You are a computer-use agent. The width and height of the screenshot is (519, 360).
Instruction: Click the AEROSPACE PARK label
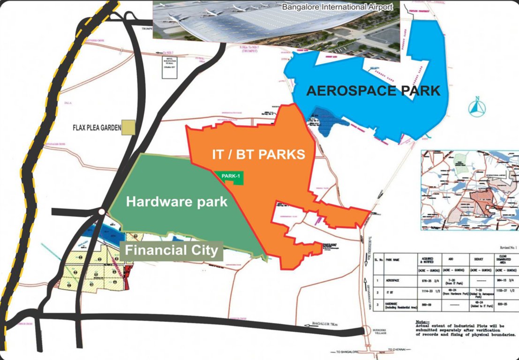tap(373, 90)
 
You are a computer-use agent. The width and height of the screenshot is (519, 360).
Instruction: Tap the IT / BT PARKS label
tap(256, 154)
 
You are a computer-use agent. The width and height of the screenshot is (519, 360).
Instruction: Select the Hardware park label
tap(177, 202)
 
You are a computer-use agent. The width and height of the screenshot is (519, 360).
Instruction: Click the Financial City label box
tap(171, 250)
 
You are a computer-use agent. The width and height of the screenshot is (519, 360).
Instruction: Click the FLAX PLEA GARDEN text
tap(97, 127)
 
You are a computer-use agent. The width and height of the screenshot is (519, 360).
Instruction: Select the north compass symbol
tap(477, 107)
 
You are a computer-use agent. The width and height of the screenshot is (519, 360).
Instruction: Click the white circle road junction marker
tap(102, 212)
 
